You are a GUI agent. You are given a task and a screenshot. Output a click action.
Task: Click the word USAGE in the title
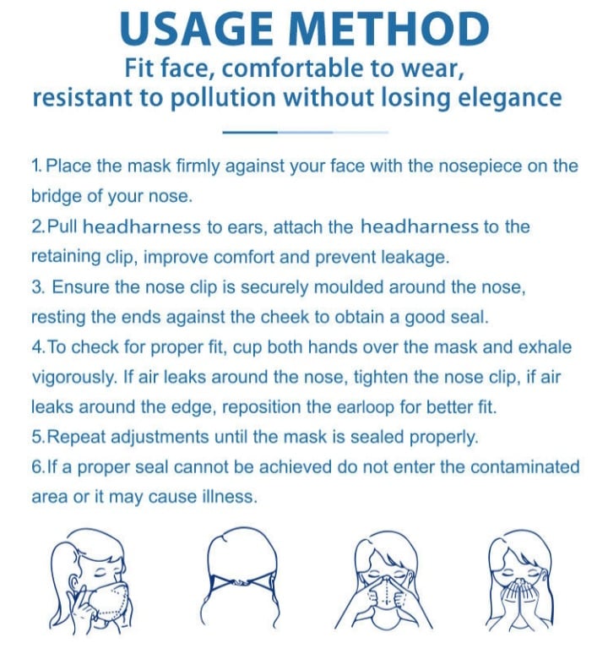tap(196, 29)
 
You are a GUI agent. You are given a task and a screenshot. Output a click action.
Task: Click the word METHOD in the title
tap(391, 29)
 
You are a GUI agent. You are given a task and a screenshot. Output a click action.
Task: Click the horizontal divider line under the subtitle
tap(305, 133)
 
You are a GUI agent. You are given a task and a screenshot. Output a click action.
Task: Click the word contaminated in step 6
tap(524, 467)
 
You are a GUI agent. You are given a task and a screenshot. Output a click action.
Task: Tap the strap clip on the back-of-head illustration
tap(240, 584)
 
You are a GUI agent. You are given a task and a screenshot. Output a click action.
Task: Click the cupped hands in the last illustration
tap(519, 596)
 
